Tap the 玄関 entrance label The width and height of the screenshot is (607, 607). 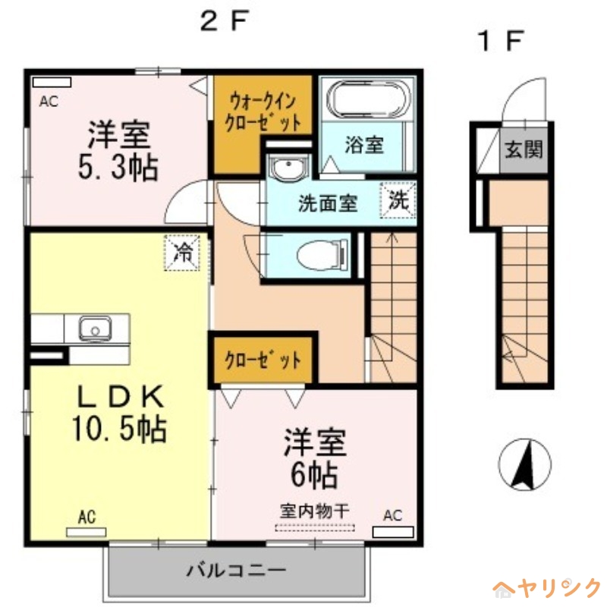524,149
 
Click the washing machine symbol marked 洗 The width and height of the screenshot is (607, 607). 399,201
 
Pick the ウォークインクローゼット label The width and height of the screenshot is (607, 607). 263,111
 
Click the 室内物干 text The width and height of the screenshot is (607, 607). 314,511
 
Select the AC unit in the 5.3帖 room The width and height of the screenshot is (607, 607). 52,82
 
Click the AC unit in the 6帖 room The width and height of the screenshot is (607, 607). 392,531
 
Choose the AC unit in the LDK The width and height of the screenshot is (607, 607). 86,531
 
